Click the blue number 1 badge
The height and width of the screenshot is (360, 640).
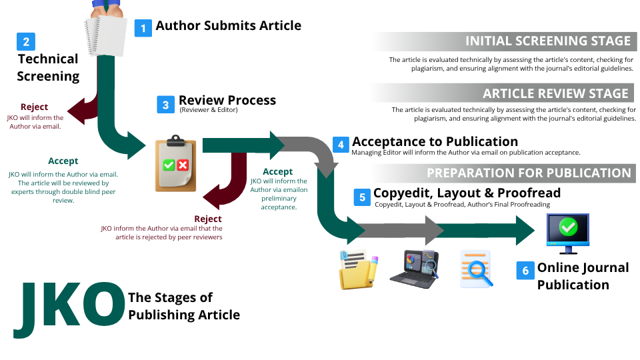pyautogui.click(x=143, y=27)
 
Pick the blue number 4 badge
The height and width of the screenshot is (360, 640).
pyautogui.click(x=341, y=145)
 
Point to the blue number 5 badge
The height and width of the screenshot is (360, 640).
pyautogui.click(x=362, y=197)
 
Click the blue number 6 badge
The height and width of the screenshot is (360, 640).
pyautogui.click(x=525, y=270)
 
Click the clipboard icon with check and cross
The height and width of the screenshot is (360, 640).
pyautogui.click(x=175, y=163)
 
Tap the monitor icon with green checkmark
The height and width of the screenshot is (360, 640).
pyautogui.click(x=567, y=232)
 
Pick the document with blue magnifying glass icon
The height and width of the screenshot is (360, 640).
pyautogui.click(x=476, y=269)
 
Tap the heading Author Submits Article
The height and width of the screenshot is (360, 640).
pyautogui.click(x=228, y=26)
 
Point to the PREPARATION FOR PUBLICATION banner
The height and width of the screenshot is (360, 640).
pyautogui.click(x=528, y=173)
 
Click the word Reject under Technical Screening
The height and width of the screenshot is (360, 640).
pyautogui.click(x=34, y=107)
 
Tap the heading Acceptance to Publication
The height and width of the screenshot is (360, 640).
pyautogui.click(x=435, y=141)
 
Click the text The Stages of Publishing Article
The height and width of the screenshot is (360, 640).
pyautogui.click(x=183, y=306)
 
